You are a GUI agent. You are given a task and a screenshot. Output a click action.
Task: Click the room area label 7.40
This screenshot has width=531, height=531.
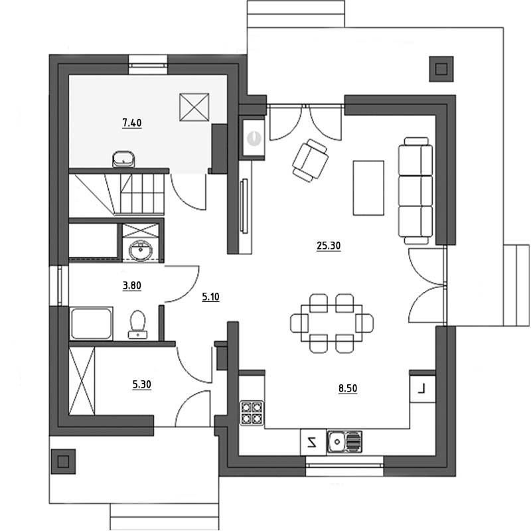[132, 123]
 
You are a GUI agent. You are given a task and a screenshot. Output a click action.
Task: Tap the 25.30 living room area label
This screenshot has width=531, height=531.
[329, 246]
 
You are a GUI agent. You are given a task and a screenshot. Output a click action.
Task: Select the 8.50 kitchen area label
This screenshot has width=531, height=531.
[348, 388]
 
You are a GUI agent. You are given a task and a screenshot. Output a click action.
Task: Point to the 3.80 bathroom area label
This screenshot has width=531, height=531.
[131, 285]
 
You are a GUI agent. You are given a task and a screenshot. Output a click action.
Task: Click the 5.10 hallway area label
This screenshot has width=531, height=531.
[210, 297]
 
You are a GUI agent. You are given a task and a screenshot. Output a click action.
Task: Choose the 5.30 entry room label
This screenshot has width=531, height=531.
[141, 385]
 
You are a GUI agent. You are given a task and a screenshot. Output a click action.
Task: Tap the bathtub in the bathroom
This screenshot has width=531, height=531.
[91, 323]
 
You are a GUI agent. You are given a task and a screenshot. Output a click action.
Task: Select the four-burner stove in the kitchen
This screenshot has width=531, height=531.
[252, 413]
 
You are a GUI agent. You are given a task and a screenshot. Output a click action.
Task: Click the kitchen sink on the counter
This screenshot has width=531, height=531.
[344, 441]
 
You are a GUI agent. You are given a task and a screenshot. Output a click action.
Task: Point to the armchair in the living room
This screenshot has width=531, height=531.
[310, 160]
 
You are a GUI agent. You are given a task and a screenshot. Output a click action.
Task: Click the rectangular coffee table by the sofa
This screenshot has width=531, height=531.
[368, 188]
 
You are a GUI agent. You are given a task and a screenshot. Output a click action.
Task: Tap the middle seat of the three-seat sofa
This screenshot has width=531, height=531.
[416, 190]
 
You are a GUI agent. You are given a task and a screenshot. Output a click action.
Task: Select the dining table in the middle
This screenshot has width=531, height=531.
[331, 323]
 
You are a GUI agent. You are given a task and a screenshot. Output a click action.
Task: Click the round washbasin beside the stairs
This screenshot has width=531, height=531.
[141, 251]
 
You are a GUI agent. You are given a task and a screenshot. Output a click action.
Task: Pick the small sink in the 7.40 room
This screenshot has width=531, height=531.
[123, 159]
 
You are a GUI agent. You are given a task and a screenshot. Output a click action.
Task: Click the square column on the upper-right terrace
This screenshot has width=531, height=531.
[441, 69]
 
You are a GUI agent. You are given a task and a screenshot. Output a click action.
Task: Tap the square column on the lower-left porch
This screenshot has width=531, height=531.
[63, 461]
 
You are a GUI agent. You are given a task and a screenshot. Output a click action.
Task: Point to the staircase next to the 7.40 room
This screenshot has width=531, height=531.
[117, 194]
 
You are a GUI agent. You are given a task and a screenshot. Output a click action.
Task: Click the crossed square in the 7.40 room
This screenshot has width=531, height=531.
[194, 107]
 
